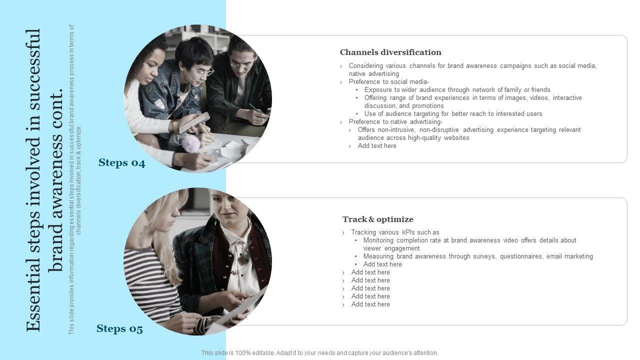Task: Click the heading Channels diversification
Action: (x=390, y=52)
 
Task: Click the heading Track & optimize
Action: (x=377, y=219)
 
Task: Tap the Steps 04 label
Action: (x=121, y=162)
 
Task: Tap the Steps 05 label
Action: (x=119, y=328)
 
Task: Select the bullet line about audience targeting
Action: (x=453, y=113)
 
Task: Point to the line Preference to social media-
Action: (x=389, y=81)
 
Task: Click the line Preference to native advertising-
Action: (x=395, y=121)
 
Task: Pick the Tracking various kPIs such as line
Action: (x=395, y=232)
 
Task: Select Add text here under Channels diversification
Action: (x=377, y=145)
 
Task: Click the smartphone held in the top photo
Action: (x=194, y=122)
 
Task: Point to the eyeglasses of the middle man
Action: (x=202, y=71)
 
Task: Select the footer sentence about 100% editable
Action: (x=319, y=353)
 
